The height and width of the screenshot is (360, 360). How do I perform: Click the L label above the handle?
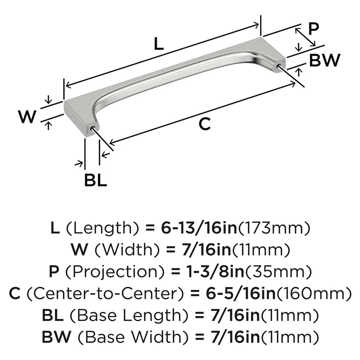click(158, 44)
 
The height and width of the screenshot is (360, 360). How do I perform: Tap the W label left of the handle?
click(28, 117)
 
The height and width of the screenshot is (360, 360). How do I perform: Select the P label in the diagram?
click(314, 29)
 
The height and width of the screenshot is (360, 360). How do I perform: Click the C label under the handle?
click(204, 124)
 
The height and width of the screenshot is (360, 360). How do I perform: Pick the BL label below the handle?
click(95, 180)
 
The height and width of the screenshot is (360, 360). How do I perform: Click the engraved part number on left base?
click(87, 130)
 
